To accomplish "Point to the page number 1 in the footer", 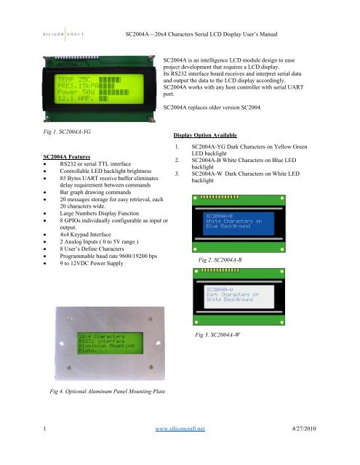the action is point(46,449).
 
